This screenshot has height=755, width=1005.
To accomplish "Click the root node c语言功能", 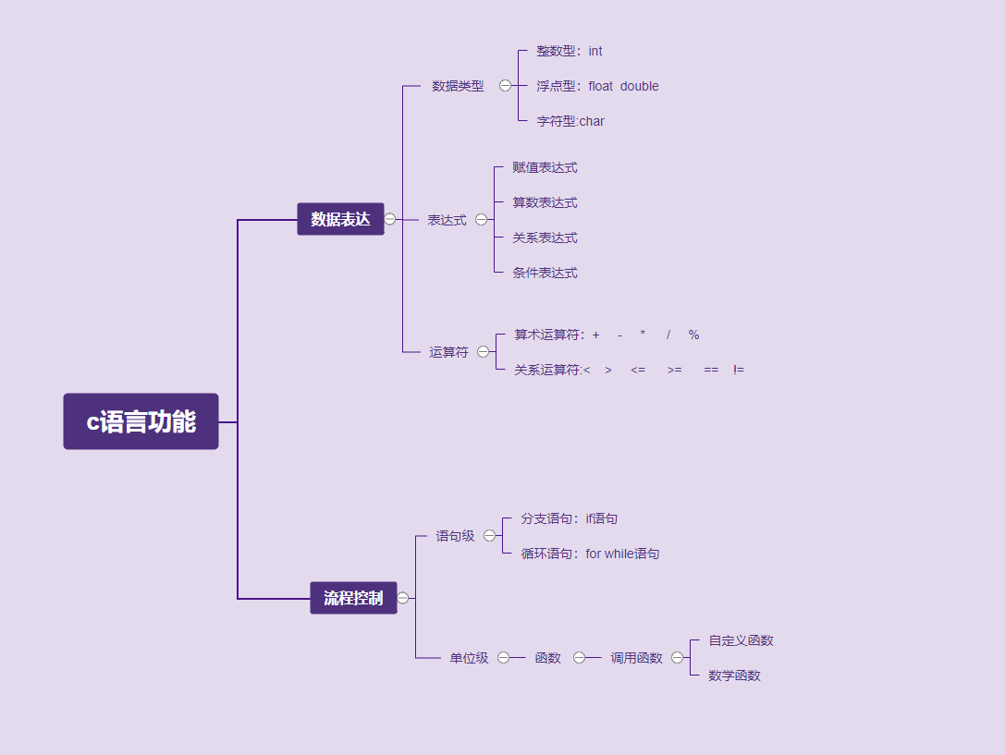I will pyautogui.click(x=141, y=421).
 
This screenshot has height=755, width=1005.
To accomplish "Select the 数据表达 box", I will pyautogui.click(x=340, y=219).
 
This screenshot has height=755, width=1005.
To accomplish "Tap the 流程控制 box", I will pyautogui.click(x=353, y=598).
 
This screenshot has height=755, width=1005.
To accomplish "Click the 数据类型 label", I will pyautogui.click(x=458, y=86).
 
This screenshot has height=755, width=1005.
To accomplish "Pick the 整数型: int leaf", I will pyautogui.click(x=569, y=51).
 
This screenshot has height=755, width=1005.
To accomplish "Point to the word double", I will pyautogui.click(x=640, y=86).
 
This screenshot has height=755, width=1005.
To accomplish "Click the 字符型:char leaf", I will pyautogui.click(x=570, y=121).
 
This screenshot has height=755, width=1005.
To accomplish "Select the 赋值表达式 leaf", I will pyautogui.click(x=545, y=167).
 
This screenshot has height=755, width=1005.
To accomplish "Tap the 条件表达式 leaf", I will pyautogui.click(x=545, y=273).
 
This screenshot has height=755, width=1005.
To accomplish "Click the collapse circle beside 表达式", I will pyautogui.click(x=482, y=220).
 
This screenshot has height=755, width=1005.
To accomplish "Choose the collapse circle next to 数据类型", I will pyautogui.click(x=506, y=86).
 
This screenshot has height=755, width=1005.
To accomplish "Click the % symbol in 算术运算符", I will pyautogui.click(x=694, y=335).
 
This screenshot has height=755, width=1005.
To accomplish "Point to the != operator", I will pyautogui.click(x=739, y=370).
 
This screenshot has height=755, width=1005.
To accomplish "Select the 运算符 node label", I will pyautogui.click(x=448, y=352).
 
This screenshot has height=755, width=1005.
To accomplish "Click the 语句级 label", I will pyautogui.click(x=455, y=536).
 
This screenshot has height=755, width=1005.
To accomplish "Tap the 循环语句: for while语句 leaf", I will pyautogui.click(x=590, y=554).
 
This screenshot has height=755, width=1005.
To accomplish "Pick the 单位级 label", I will pyautogui.click(x=469, y=658).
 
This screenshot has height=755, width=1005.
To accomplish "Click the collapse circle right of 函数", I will pyautogui.click(x=580, y=658).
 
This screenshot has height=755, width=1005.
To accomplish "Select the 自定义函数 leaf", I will pyautogui.click(x=741, y=640).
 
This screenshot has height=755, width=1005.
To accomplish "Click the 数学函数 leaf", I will pyautogui.click(x=734, y=676).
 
